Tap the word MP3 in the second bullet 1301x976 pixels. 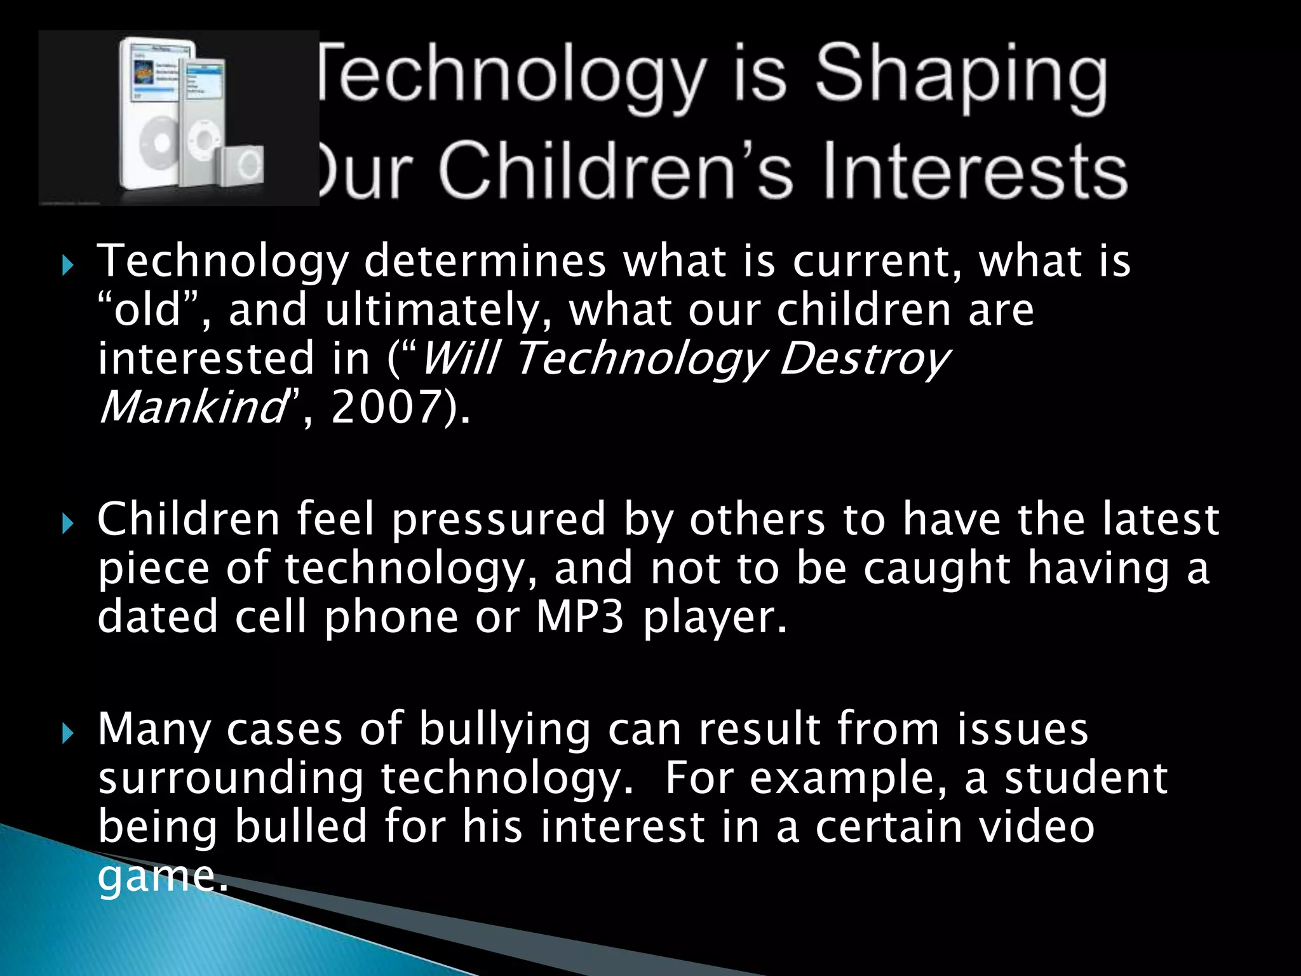pyautogui.click(x=580, y=617)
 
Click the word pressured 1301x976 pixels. pyautogui.click(x=499, y=520)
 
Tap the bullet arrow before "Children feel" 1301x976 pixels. pyautogui.click(x=68, y=525)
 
